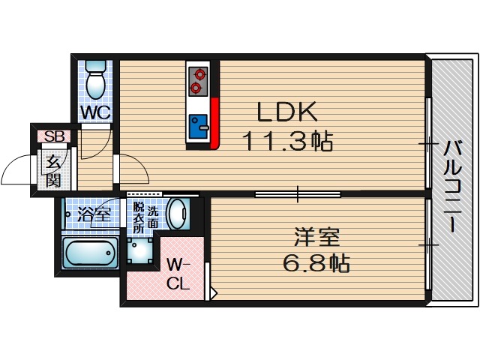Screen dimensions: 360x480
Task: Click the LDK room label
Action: point(288,112)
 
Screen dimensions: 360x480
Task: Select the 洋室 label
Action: point(316,238)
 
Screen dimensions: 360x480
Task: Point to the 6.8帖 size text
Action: point(316,264)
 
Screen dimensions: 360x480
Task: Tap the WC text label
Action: point(96,112)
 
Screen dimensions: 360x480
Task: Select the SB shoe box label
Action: point(53,136)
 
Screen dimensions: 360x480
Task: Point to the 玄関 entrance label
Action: point(52,170)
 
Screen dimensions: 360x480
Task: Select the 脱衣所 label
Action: point(139,217)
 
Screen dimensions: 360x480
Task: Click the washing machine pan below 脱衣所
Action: point(141,250)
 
